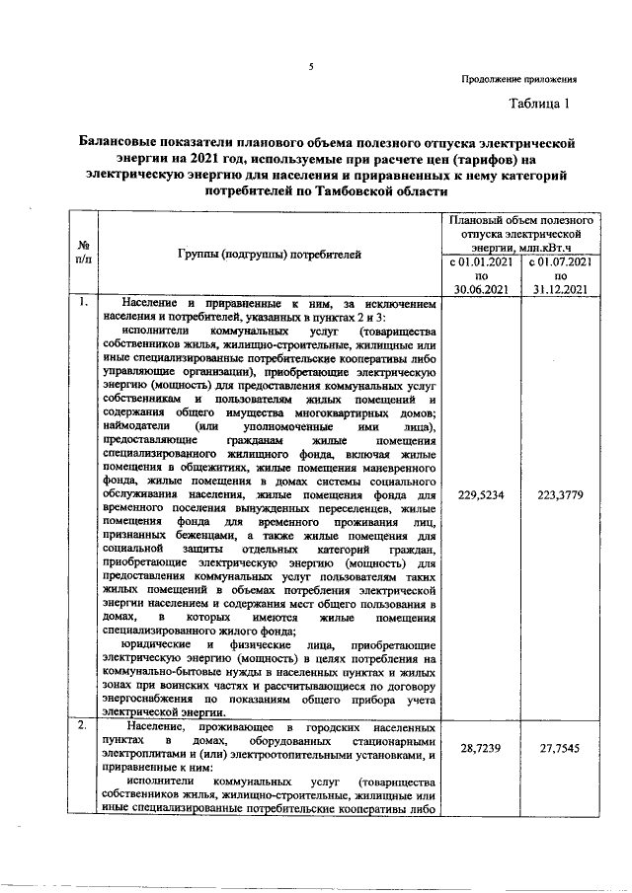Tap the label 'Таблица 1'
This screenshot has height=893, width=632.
pyautogui.click(x=540, y=104)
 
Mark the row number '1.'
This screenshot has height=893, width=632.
pyautogui.click(x=84, y=303)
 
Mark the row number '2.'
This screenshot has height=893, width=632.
pyautogui.click(x=84, y=726)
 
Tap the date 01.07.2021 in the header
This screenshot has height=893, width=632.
pyautogui.click(x=565, y=264)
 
